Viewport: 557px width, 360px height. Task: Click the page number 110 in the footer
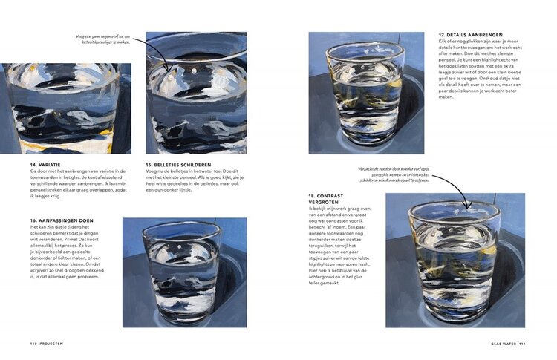pos(33,343)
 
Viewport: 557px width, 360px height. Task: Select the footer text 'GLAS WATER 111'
pos(508,343)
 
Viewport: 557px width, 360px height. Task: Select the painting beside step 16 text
pos(184,272)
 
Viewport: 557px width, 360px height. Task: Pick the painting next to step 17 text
pos(366,93)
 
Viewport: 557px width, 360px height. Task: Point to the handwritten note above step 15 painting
pos(102,39)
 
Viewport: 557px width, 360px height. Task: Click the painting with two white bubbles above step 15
pos(196,93)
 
